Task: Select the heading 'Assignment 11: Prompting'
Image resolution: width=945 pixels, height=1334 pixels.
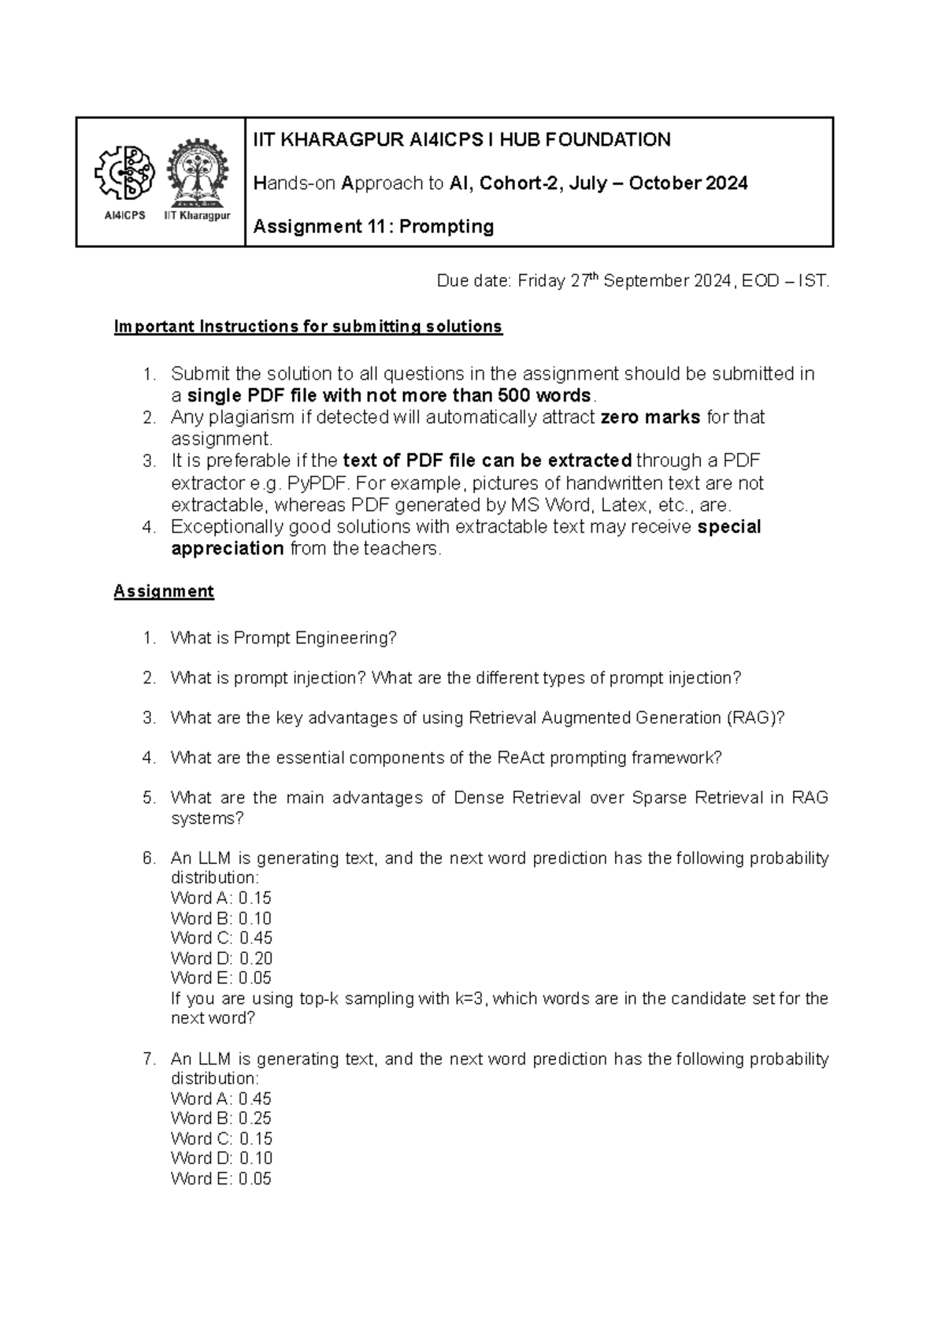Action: pos(373,227)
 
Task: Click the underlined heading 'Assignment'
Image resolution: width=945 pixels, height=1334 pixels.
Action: pos(164,591)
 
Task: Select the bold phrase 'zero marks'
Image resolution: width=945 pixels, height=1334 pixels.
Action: pos(650,417)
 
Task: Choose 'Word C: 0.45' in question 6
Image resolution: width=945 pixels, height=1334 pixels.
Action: pos(221,938)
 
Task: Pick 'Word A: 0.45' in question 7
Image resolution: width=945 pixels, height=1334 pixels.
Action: pos(221,1099)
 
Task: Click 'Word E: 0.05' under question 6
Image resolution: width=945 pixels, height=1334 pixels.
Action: pos(221,978)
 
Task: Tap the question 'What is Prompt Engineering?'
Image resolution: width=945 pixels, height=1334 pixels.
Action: pos(283,638)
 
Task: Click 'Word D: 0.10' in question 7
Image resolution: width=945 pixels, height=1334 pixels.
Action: pos(221,1158)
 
